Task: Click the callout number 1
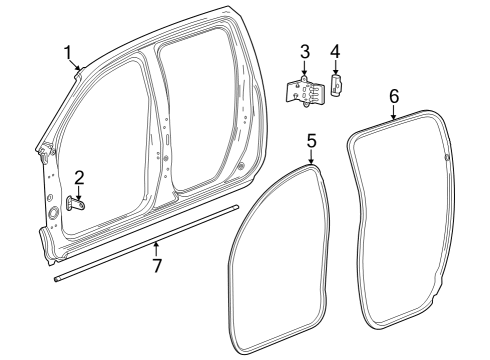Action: [68, 51]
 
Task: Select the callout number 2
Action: [79, 177]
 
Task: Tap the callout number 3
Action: [305, 50]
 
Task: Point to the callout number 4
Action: [335, 50]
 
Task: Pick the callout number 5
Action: [311, 141]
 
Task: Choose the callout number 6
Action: [393, 95]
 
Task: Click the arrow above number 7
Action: [155, 248]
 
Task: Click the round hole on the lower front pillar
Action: [51, 213]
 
